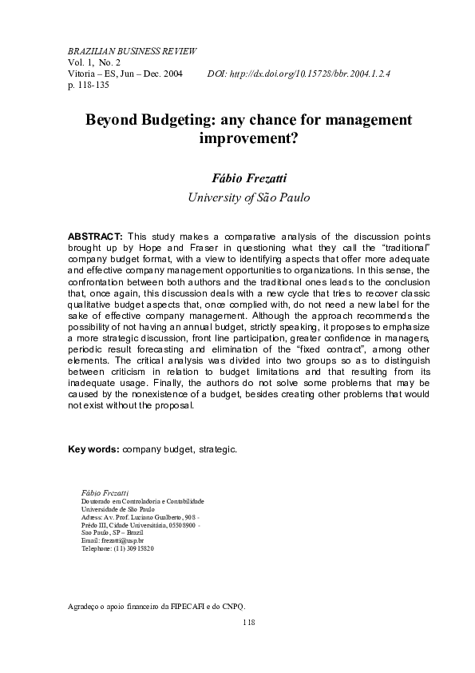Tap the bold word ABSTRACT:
tap(95, 237)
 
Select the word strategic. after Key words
tap(217, 449)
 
